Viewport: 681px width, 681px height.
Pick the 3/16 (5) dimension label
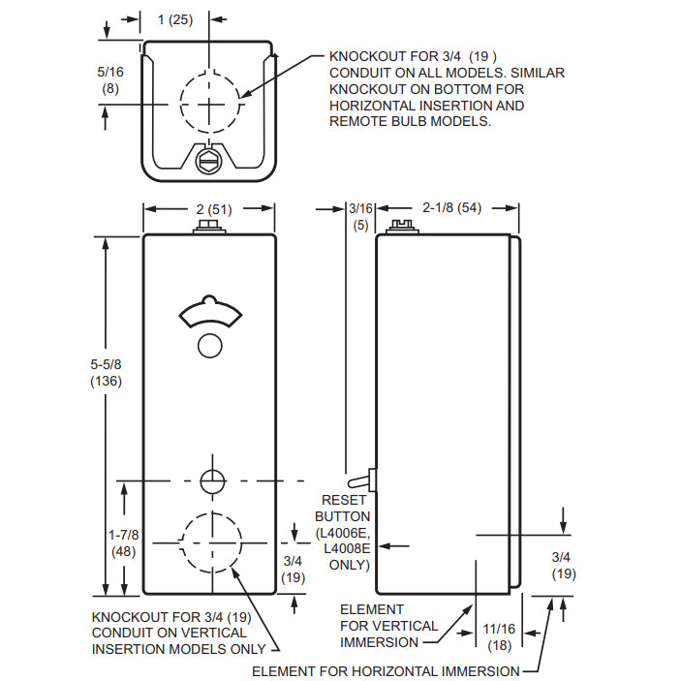360,216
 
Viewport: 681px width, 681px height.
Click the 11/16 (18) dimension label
499,637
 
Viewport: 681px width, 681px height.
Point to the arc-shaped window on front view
209,310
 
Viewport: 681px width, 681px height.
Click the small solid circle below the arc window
209,344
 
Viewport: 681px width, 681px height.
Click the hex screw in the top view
208,161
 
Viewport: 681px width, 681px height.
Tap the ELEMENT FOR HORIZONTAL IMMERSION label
385,670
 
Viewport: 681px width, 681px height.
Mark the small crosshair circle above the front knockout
210,480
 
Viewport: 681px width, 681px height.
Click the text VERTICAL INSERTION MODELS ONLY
179,648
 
